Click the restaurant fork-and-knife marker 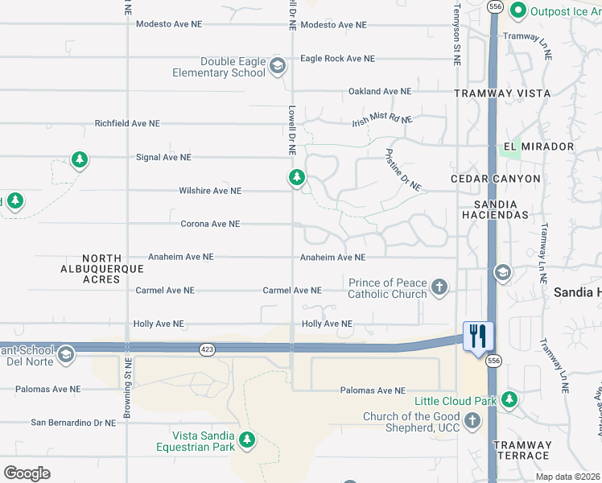(x=478, y=336)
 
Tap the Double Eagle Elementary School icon (x=278, y=66)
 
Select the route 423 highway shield (x=207, y=349)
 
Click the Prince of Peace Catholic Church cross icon (x=439, y=287)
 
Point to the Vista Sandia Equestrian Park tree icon (x=247, y=440)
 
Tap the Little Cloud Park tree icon (x=509, y=399)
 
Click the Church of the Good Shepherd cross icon (x=472, y=420)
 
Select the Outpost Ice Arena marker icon (x=519, y=10)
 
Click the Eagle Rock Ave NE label (x=337, y=59)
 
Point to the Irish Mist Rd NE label (x=382, y=120)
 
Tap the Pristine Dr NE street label (x=403, y=169)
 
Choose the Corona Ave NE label (x=210, y=224)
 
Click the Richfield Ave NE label (x=127, y=124)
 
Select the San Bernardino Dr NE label (x=73, y=422)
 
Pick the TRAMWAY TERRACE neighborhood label (x=522, y=450)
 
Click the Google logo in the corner (x=27, y=473)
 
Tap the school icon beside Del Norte (x=66, y=353)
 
